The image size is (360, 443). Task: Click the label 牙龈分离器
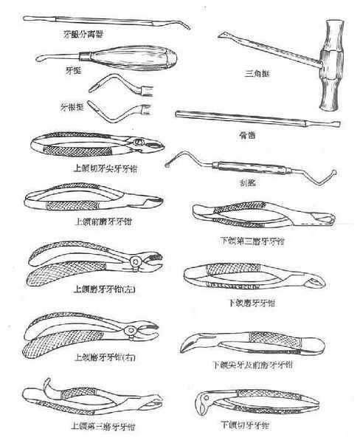point(88,34)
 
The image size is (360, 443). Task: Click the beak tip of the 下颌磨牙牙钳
point(316,282)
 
